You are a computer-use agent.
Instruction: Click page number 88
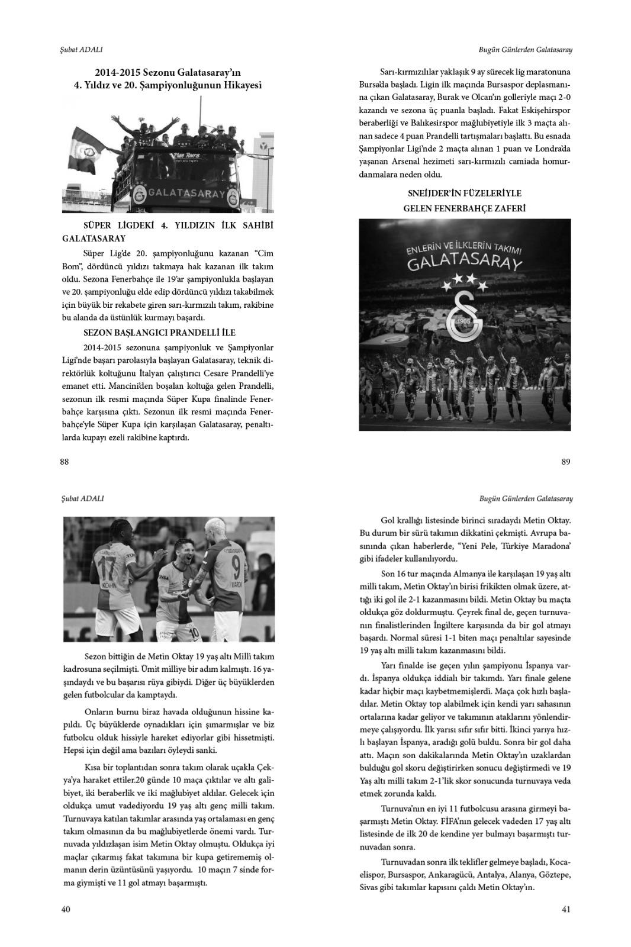(x=65, y=462)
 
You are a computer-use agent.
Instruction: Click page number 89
(x=566, y=462)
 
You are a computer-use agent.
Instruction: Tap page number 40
(x=66, y=910)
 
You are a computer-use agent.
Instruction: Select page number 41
(x=566, y=910)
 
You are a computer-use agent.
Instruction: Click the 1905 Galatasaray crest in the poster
(x=465, y=317)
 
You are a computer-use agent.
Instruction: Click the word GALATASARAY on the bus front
(x=186, y=194)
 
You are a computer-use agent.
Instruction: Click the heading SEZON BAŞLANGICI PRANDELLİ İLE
(x=160, y=333)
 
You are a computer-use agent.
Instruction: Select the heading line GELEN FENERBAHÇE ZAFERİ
(x=465, y=208)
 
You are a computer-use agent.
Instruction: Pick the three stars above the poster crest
(x=465, y=279)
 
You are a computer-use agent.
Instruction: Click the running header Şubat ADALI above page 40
(x=83, y=498)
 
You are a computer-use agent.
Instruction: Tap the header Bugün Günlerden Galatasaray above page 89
(x=525, y=50)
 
